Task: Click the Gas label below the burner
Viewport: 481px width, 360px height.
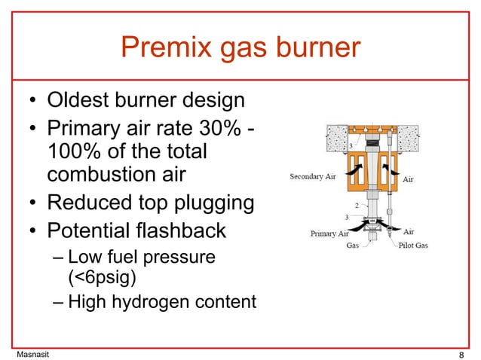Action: click(352, 246)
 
